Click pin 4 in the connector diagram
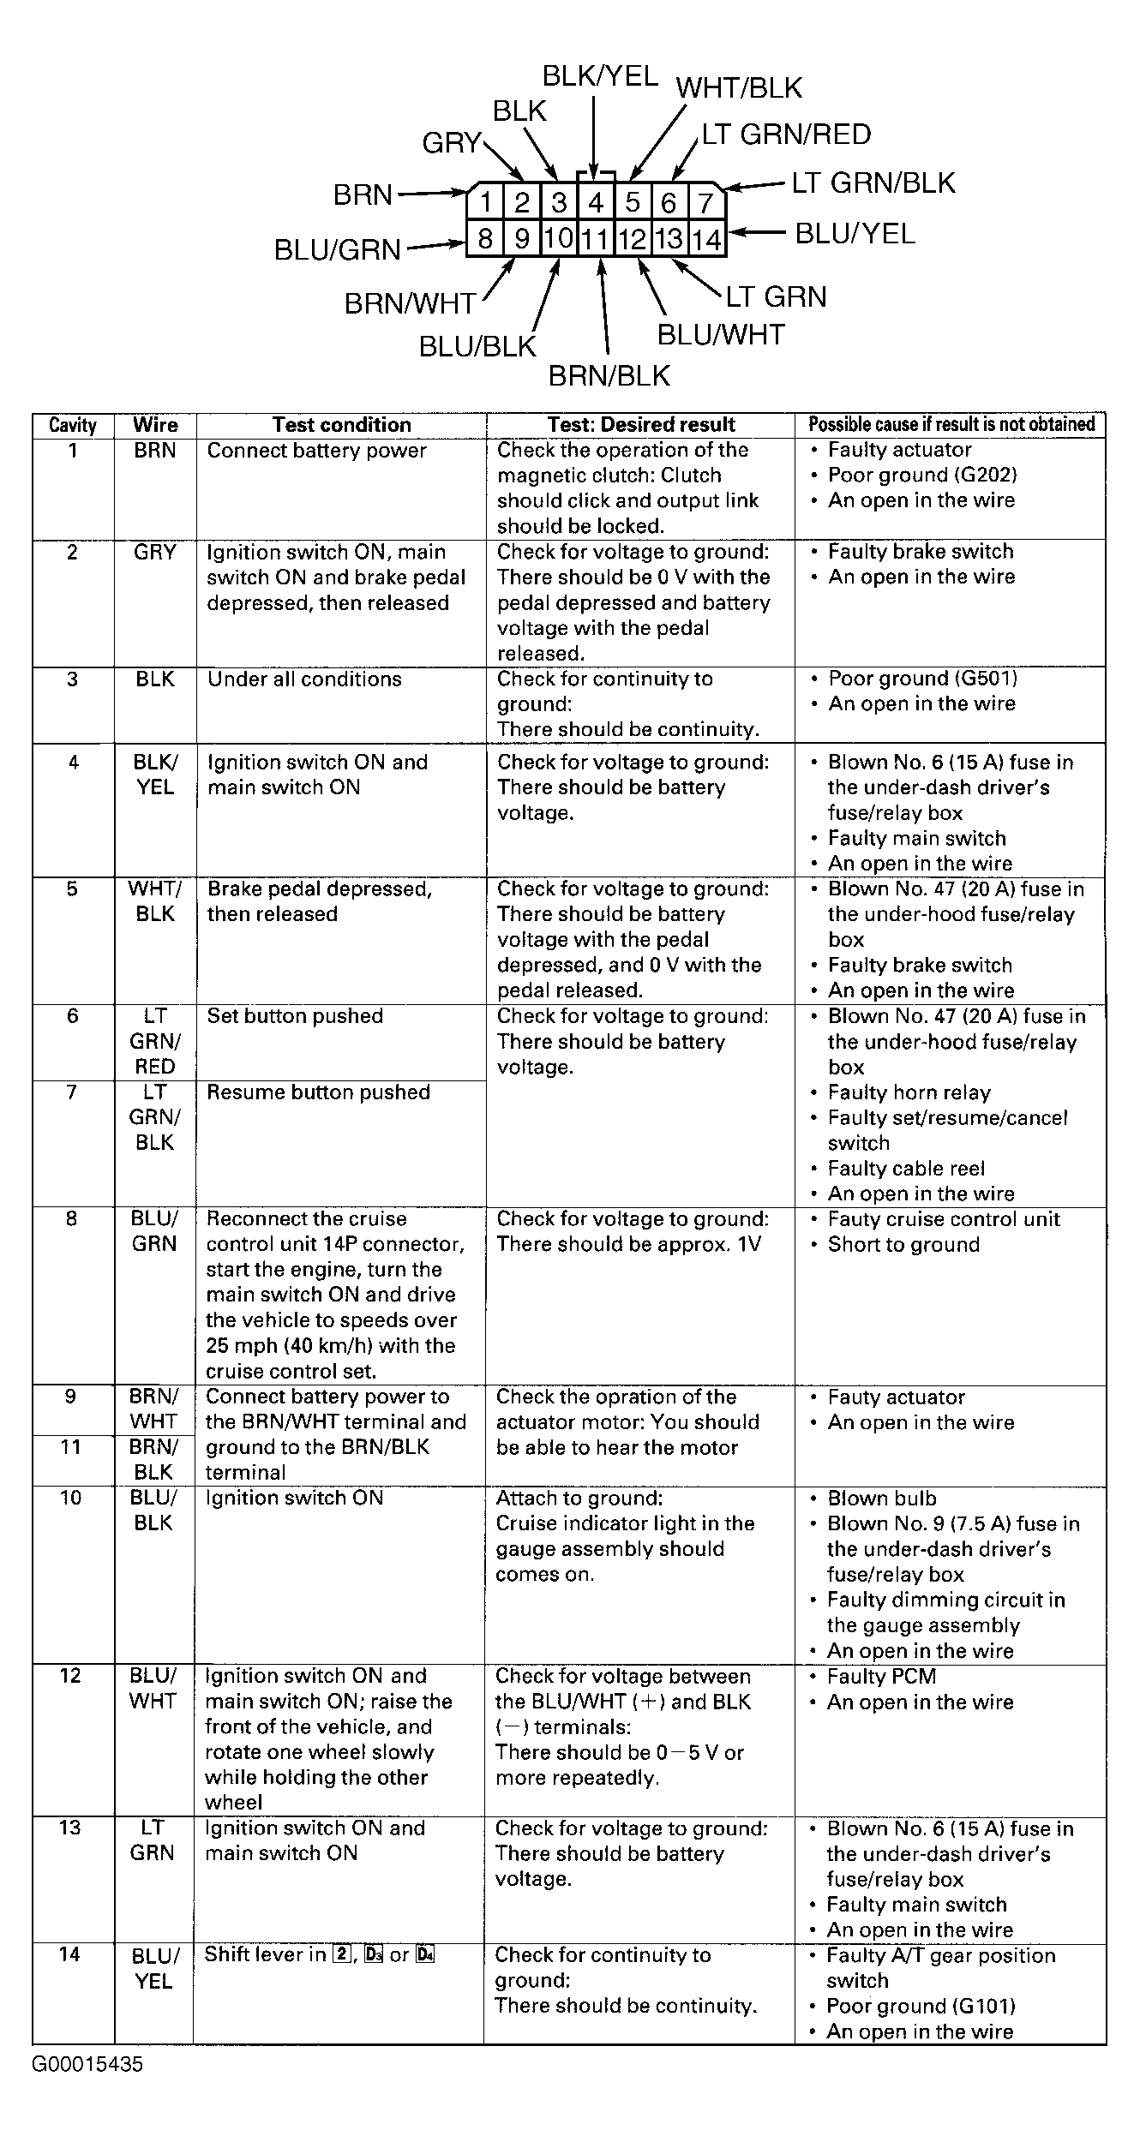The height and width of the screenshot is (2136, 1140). tap(595, 203)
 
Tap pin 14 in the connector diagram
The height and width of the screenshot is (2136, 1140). tap(707, 239)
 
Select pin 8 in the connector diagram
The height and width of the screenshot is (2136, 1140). tap(485, 238)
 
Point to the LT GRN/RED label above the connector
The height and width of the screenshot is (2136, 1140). tap(786, 135)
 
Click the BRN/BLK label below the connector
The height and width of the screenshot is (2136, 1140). tap(609, 375)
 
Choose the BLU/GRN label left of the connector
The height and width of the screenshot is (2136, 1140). tap(338, 249)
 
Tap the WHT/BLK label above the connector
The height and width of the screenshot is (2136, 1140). tap(739, 88)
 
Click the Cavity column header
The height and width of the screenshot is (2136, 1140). tap(73, 425)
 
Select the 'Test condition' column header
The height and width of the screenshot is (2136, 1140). tap(341, 425)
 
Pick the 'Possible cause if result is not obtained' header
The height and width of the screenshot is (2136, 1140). tap(951, 425)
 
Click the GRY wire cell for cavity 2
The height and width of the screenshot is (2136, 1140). tap(155, 552)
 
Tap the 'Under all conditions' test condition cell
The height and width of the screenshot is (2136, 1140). tap(304, 679)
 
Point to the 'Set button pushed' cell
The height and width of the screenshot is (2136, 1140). tap(295, 1016)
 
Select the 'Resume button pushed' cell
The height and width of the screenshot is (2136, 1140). tap(318, 1092)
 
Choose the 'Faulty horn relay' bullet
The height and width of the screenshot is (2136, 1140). tap(909, 1093)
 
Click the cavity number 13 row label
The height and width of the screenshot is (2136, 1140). tap(71, 1828)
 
